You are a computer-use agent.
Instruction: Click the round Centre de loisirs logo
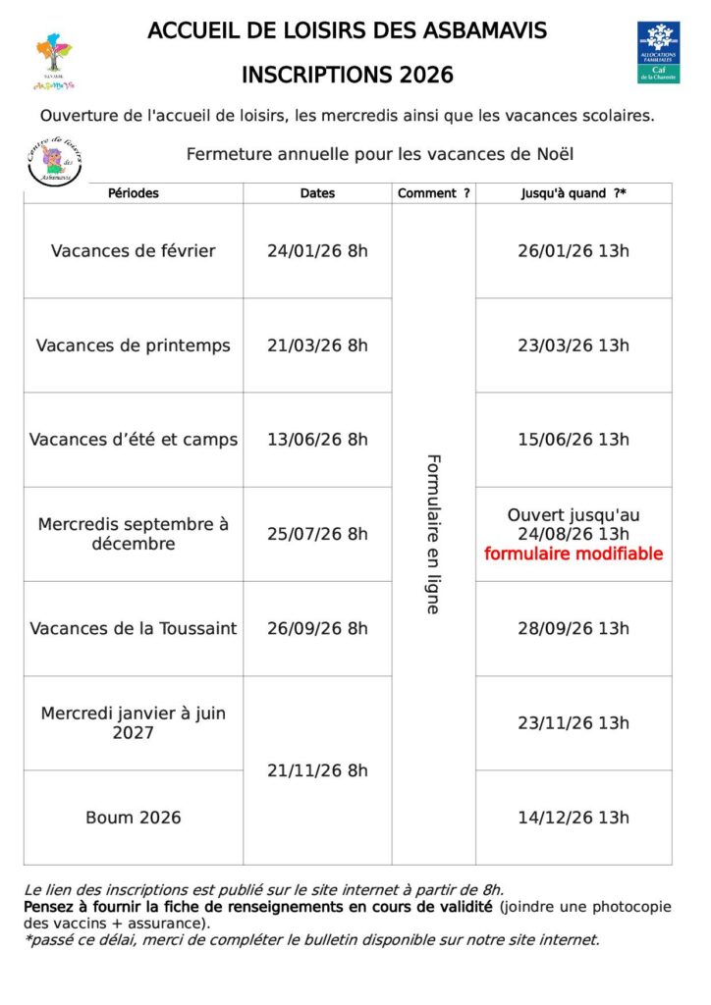click(54, 161)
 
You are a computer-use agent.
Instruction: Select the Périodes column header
click(134, 193)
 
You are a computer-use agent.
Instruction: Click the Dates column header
click(317, 193)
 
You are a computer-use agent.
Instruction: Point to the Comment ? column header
click(433, 193)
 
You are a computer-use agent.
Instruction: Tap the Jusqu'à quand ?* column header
click(574, 193)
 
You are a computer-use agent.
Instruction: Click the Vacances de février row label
click(134, 251)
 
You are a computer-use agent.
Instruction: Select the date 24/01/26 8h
click(317, 251)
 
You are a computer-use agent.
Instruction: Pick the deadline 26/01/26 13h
click(574, 251)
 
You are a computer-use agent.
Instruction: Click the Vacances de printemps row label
click(134, 345)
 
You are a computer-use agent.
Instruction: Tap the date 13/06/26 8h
click(317, 440)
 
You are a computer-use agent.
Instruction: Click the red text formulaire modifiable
click(574, 555)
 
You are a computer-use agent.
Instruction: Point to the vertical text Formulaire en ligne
click(433, 534)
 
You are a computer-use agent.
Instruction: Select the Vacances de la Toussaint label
click(134, 629)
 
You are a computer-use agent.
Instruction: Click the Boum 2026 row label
click(134, 818)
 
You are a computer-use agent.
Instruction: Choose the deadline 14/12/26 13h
click(574, 818)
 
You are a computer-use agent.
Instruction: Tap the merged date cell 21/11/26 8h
click(317, 771)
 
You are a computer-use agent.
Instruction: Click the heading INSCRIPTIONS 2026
click(348, 76)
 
